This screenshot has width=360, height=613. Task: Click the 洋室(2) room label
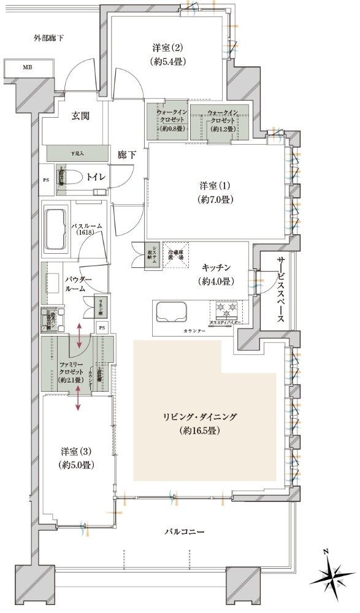tap(167, 54)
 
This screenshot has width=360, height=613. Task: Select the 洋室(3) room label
tap(77, 459)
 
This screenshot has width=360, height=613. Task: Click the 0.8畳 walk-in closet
tap(167, 121)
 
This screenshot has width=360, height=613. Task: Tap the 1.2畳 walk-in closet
tap(219, 121)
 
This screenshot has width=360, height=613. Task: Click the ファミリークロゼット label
tap(69, 371)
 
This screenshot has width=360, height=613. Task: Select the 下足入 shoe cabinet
tap(77, 153)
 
